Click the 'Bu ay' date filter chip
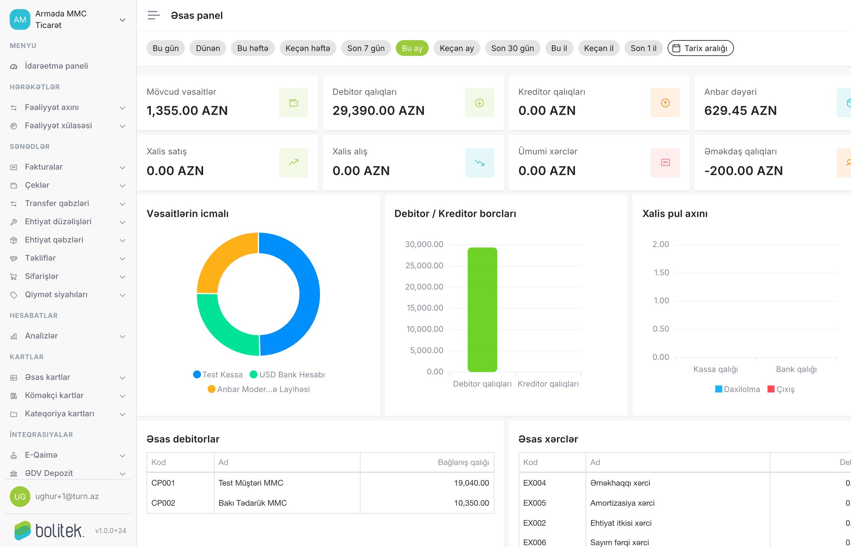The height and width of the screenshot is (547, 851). pos(412,48)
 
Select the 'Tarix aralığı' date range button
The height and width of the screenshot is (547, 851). pos(700,48)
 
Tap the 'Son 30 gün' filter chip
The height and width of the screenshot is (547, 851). pos(512,48)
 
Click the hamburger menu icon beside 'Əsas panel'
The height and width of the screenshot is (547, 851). pos(153,15)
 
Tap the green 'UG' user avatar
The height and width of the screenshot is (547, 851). pos(20,497)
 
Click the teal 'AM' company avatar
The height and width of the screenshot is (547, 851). pos(20,19)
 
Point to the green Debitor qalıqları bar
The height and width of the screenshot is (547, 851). pos(482,309)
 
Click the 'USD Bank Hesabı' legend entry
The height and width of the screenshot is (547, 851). pos(287,374)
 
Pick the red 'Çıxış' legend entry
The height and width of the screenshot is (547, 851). pos(781,389)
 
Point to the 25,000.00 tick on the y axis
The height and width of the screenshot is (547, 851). pos(424,266)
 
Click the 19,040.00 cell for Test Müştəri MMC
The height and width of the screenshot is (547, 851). pos(472,483)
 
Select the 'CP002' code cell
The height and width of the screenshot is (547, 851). pos(163,503)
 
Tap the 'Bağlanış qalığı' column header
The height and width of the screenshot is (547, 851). pos(463,462)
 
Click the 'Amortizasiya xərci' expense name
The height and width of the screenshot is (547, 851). pos(622,503)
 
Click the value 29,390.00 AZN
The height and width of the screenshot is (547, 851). pos(378,111)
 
